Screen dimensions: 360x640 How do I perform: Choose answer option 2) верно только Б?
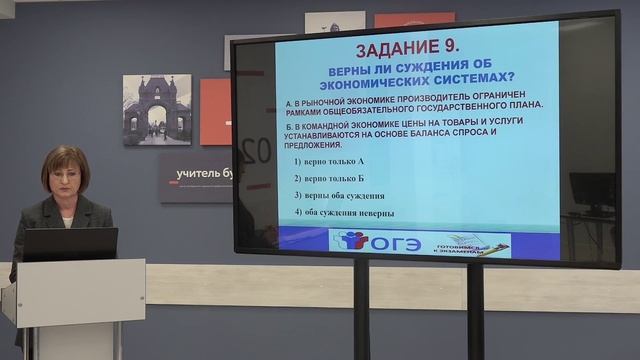coord(330,178)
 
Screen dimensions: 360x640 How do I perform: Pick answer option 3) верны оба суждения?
coord(340,195)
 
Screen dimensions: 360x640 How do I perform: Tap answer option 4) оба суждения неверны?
coord(344,213)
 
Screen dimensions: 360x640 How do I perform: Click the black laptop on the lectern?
coord(70,244)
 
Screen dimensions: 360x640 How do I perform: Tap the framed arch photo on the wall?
coord(156,110)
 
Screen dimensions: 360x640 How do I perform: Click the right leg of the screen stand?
coord(475,310)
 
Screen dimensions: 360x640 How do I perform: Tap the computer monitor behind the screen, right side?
coord(593,190)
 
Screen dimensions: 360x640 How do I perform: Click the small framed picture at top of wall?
coord(334,21)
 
